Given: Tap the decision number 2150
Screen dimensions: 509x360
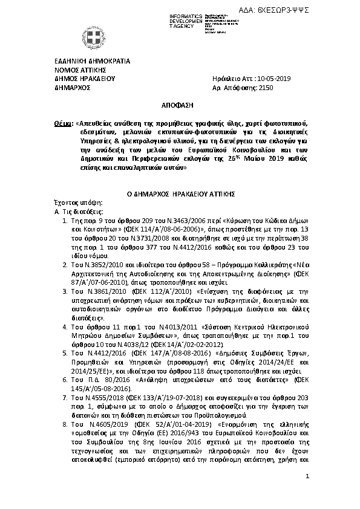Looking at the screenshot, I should (266, 87).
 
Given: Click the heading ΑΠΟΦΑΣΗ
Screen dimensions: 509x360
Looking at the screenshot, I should (180, 105).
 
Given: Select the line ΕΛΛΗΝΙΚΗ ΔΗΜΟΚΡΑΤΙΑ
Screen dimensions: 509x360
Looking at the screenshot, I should (88, 61).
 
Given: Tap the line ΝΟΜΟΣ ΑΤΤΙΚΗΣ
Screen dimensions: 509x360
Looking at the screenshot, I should (77, 70).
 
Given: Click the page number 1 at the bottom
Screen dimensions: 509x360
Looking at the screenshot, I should (307, 478).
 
